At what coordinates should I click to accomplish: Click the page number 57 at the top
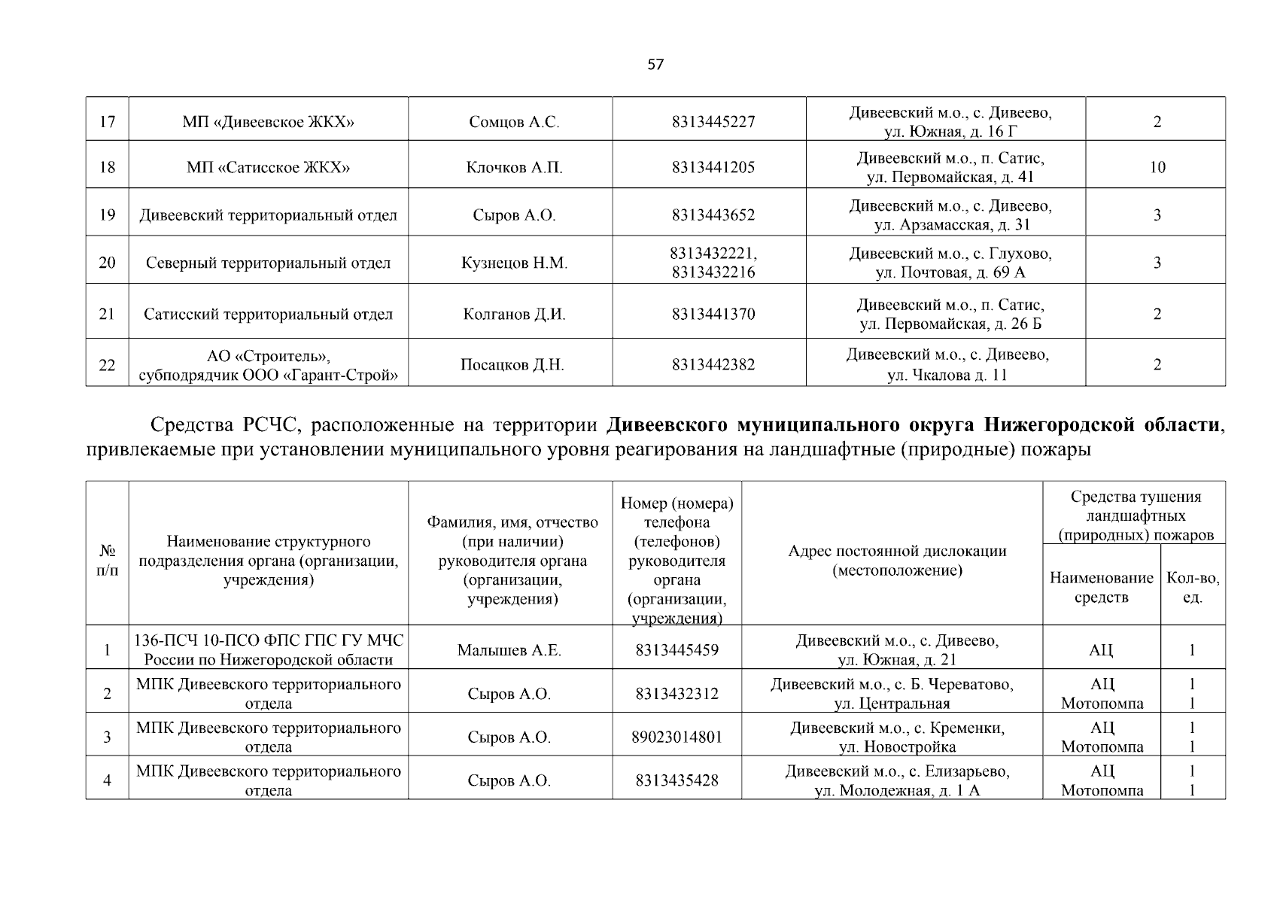655,65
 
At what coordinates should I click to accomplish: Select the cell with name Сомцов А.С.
514,122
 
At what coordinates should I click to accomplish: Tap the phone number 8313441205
713,167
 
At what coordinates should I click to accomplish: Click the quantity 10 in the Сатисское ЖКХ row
1157,167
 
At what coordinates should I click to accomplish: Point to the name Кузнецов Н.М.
514,263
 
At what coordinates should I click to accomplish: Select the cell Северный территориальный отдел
269,263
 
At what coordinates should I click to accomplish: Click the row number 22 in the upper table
107,365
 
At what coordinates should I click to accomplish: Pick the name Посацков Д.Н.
512,365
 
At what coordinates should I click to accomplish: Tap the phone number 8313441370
713,314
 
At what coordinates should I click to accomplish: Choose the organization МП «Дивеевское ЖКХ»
269,122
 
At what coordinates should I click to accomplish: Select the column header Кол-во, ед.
1193,588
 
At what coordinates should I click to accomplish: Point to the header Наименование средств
1101,588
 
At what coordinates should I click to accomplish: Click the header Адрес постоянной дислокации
897,561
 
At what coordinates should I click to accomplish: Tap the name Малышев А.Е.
509,650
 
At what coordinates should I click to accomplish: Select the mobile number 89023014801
677,737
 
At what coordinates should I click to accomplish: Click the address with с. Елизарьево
897,780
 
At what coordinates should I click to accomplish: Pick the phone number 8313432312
677,694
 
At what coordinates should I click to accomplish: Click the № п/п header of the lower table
107,561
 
